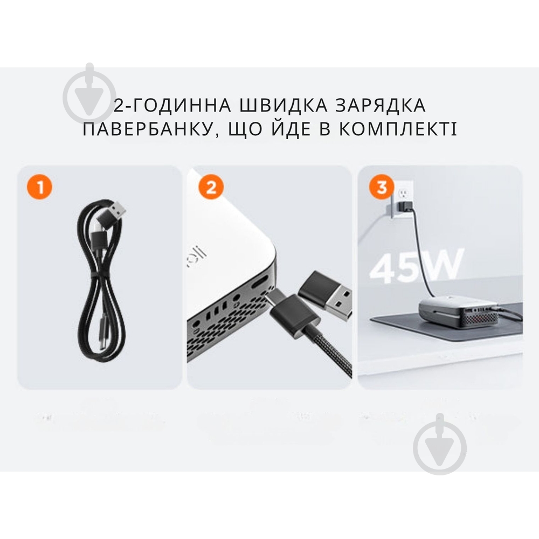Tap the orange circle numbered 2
211,188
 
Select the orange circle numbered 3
382,188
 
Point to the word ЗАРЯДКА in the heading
375,105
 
